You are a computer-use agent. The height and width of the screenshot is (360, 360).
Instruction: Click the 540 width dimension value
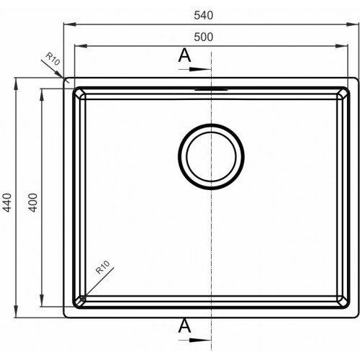[x=204, y=15]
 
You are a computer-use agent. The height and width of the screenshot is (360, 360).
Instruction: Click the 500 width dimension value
[x=204, y=37]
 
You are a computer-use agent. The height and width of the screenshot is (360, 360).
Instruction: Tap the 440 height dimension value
[x=7, y=203]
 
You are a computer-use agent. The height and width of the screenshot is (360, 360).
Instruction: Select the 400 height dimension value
[x=33, y=203]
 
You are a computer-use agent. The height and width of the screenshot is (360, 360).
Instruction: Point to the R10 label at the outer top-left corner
[x=53, y=59]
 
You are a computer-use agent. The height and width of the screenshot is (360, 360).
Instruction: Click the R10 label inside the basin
[x=103, y=267]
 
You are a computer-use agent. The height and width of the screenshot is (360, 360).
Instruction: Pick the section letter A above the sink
[x=184, y=55]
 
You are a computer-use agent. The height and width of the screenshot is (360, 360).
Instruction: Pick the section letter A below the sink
[x=184, y=325]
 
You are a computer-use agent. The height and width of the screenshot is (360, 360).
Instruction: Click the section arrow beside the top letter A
[x=195, y=69]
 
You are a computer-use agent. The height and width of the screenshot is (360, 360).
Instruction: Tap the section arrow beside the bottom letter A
[x=195, y=340]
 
